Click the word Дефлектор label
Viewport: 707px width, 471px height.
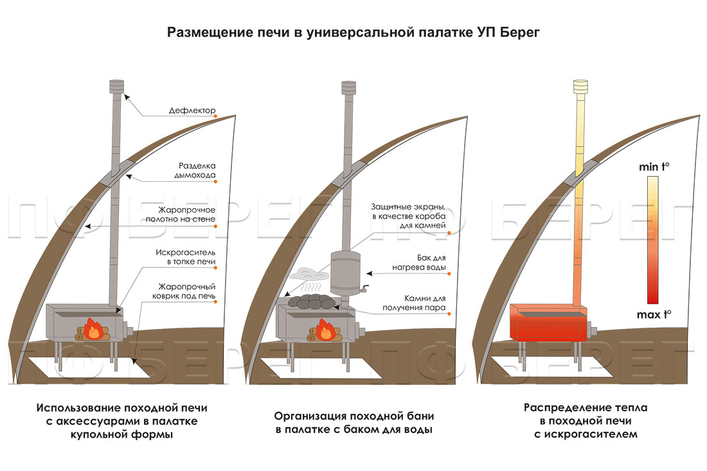click(193, 110)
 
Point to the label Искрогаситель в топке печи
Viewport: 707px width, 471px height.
click(188, 257)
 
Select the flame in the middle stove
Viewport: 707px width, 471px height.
click(326, 331)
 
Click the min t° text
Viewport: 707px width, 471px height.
click(654, 167)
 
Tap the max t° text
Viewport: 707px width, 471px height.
click(654, 314)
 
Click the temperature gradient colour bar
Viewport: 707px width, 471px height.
click(653, 240)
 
